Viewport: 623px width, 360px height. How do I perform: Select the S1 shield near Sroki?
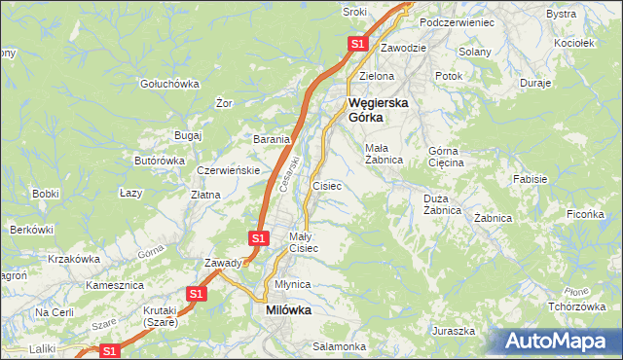click(358, 44)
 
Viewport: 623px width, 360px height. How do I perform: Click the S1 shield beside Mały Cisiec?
click(258, 237)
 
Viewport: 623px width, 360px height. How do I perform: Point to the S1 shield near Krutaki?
click(196, 293)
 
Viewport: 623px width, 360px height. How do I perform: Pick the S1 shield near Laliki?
click(109, 351)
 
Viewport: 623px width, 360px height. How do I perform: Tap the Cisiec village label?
click(326, 185)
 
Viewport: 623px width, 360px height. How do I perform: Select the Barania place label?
click(273, 139)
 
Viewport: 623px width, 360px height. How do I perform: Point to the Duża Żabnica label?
click(442, 203)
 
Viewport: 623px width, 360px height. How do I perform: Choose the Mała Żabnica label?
click(384, 154)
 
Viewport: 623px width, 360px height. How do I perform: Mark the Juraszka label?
click(454, 331)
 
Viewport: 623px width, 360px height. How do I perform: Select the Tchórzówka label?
click(571, 306)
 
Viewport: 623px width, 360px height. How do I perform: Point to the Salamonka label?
click(339, 346)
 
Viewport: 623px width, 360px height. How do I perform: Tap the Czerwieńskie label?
click(227, 169)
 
